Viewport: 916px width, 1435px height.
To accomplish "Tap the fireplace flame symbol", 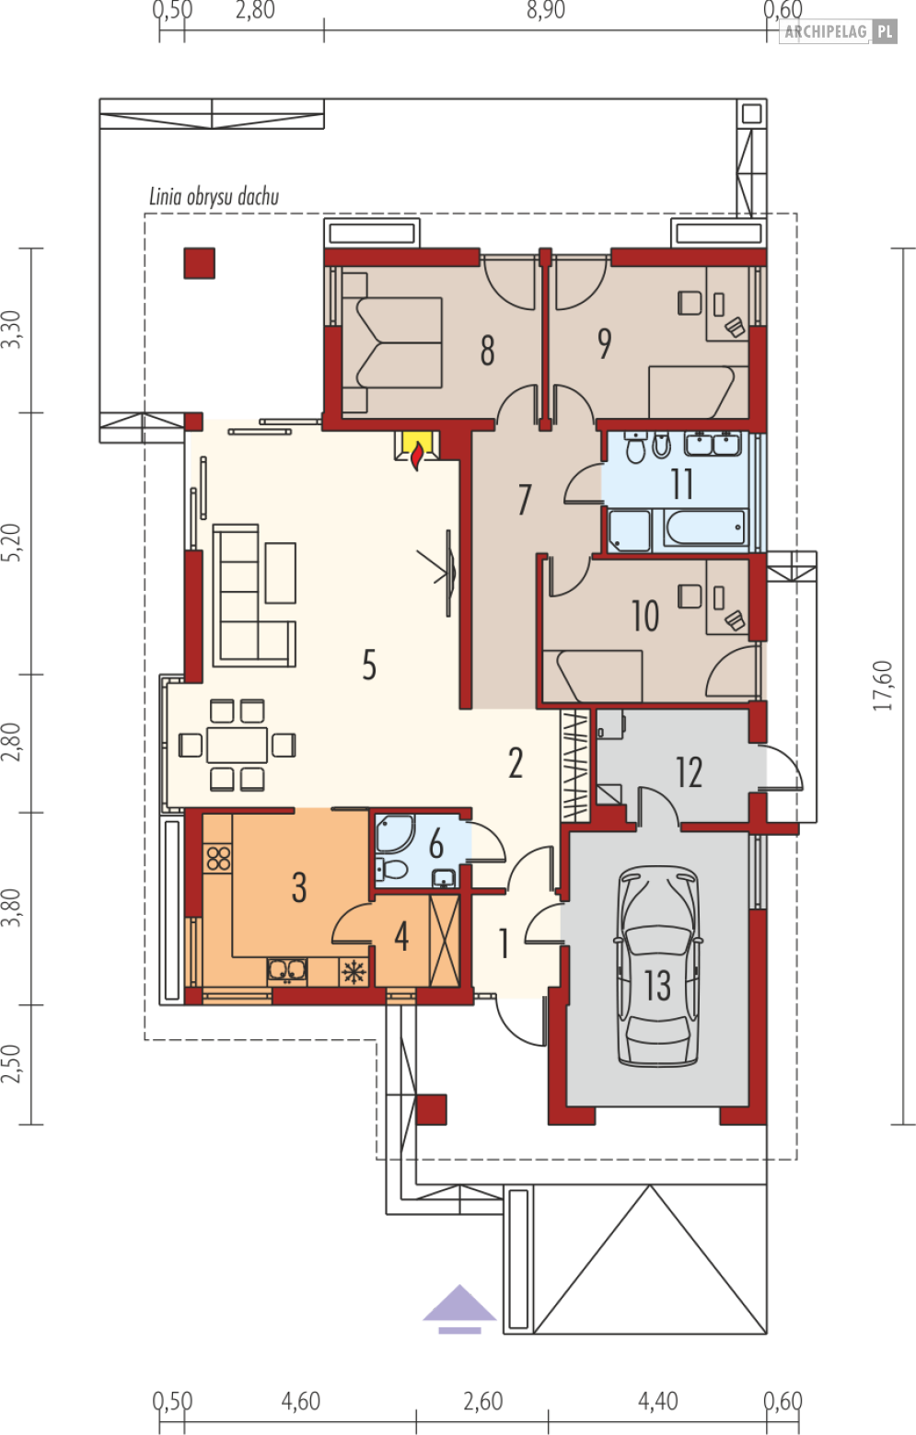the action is click(417, 456).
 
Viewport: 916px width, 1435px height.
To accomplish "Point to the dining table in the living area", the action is click(237, 745).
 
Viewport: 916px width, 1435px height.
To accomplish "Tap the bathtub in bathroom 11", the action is click(704, 527).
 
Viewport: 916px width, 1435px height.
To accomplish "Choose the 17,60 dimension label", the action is click(883, 686).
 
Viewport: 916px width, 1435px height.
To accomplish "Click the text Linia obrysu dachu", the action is click(214, 197).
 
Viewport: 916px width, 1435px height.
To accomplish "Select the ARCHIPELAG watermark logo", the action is click(838, 31).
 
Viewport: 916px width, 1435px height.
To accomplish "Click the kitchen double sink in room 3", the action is click(287, 970).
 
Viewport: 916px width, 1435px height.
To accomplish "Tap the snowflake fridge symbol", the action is click(354, 972).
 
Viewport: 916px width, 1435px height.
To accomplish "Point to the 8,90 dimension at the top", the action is click(546, 10).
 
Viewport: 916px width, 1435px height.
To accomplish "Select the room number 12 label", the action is click(690, 772).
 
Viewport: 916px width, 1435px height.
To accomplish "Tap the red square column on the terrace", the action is click(199, 263).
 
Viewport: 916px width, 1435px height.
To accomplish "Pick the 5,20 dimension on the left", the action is click(12, 543).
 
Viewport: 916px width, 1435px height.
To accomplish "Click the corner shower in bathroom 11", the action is click(629, 530).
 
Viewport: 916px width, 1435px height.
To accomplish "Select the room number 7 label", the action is click(525, 500).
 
